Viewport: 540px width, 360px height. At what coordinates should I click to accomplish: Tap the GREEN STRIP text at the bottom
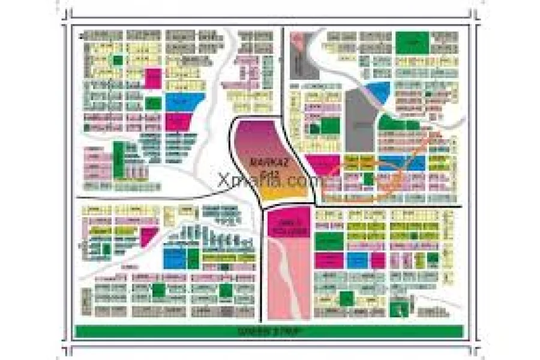point(268,331)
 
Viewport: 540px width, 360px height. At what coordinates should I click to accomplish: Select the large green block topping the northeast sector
point(412,42)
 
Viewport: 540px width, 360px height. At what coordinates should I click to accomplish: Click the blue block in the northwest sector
point(184,101)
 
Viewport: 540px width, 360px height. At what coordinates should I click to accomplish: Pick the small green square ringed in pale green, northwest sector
point(118,60)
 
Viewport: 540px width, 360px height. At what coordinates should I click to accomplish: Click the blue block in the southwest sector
point(174,258)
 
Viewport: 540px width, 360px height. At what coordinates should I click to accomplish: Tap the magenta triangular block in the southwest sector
point(148,236)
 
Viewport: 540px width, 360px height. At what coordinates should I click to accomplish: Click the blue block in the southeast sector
point(357,260)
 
